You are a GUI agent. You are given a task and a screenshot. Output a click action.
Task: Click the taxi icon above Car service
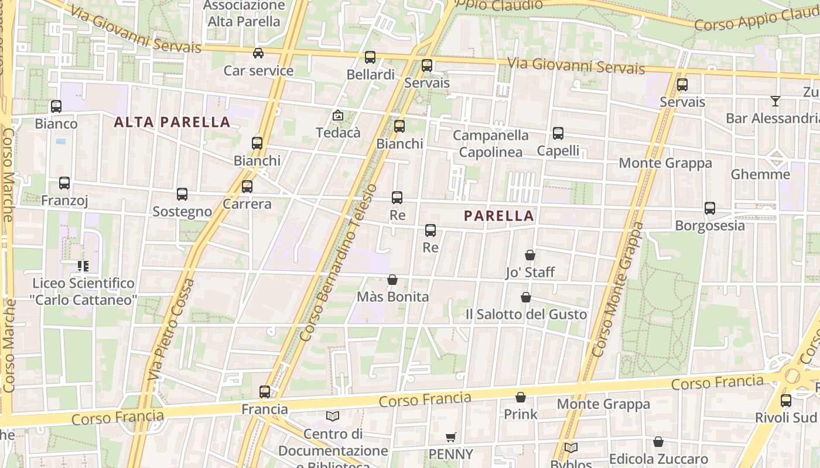[258, 53]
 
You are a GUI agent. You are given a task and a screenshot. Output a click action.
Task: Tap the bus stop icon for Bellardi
[370, 57]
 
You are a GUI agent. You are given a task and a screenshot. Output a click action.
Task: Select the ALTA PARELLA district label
[172, 122]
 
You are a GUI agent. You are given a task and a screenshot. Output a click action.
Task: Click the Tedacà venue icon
[338, 115]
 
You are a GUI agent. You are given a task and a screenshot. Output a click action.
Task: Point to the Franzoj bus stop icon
[64, 183]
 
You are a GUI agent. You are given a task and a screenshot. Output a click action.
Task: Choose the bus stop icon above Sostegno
[182, 194]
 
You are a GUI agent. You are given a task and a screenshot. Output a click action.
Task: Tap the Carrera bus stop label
[247, 204]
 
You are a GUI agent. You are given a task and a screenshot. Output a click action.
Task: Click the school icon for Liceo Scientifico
[83, 266]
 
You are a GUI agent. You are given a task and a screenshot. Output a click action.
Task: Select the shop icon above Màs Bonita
[392, 280]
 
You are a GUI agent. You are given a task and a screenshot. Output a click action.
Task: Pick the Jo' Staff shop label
[530, 272]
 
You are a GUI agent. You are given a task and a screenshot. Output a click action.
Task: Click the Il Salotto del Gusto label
[526, 314]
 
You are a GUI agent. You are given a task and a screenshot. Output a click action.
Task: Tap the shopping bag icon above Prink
[521, 397]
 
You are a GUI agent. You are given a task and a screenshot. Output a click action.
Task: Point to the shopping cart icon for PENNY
[450, 437]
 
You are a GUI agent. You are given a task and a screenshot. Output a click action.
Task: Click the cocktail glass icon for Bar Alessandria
[775, 101]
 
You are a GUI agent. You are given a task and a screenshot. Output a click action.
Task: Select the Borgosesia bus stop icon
[710, 208]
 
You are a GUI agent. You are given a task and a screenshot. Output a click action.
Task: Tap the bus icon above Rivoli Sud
[786, 401]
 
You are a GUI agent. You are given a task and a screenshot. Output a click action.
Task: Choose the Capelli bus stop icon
[558, 133]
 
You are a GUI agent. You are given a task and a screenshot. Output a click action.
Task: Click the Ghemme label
[760, 174]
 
